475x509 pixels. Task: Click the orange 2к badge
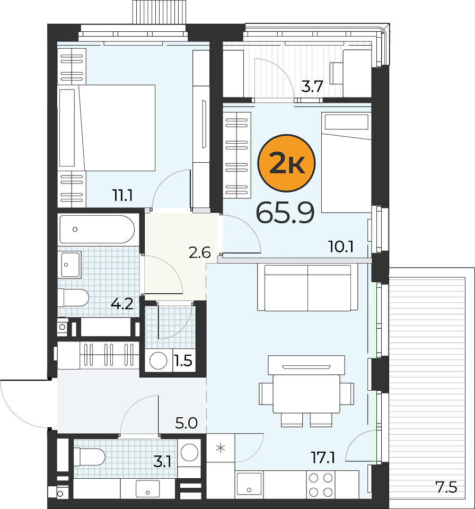(286, 163)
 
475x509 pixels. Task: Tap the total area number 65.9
(285, 213)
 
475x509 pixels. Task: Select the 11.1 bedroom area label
(122, 196)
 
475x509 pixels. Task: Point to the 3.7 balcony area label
(312, 86)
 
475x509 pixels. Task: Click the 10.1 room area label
(341, 247)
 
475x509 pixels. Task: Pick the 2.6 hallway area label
(200, 252)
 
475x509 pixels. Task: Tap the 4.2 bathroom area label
(122, 304)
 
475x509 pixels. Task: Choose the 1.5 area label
(183, 361)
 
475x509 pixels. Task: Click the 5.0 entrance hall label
(187, 423)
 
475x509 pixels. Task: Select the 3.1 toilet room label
(162, 461)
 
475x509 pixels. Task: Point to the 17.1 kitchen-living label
(323, 458)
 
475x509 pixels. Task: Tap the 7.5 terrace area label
(446, 487)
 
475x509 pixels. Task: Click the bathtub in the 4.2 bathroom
(97, 229)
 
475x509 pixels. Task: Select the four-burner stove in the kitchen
(321, 485)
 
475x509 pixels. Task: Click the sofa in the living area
(308, 287)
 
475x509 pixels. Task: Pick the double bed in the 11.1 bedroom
(107, 128)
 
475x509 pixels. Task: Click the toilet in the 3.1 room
(89, 457)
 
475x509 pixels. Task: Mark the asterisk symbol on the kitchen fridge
(221, 449)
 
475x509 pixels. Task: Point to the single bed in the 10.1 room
(346, 162)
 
